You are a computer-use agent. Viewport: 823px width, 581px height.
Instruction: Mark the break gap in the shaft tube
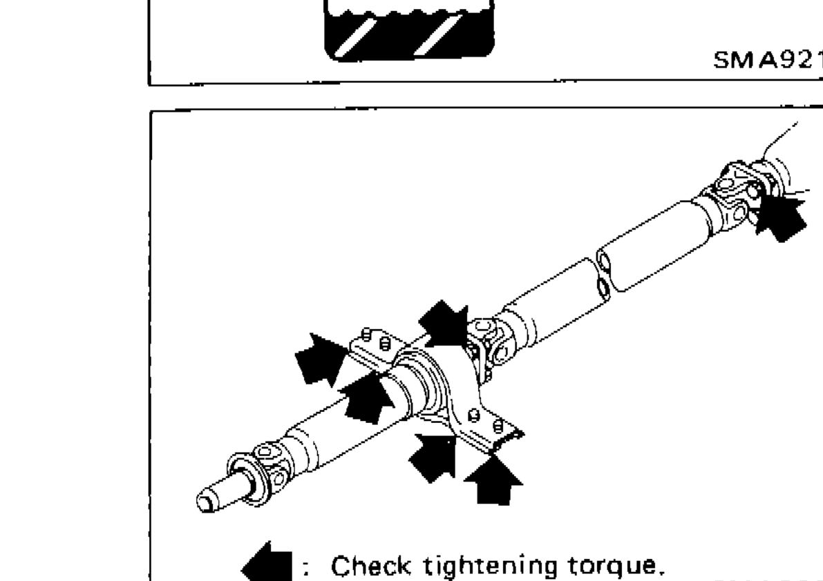(x=600, y=275)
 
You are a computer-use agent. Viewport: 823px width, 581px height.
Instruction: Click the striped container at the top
(x=410, y=28)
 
